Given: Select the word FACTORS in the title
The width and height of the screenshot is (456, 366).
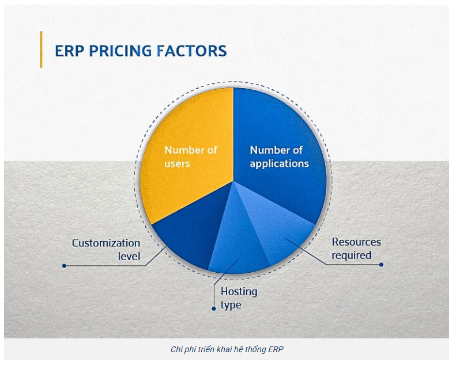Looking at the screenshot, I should [192, 51].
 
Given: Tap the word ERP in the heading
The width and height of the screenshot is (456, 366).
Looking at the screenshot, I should [67, 51].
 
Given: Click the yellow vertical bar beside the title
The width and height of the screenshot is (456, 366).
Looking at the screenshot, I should [42, 49].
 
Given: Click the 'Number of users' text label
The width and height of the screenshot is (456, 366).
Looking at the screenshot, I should [191, 157].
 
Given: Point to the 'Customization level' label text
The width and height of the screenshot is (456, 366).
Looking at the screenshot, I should [106, 249].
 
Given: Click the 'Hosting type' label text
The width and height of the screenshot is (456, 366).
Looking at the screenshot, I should [239, 298].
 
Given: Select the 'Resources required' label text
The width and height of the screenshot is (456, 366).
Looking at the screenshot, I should [356, 248].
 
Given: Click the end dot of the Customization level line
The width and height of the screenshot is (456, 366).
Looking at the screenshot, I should [64, 266].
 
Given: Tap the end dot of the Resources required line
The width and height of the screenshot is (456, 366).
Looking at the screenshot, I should [381, 265].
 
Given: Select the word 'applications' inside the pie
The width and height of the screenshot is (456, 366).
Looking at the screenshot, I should [279, 163].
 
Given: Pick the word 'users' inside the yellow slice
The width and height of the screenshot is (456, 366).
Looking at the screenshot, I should [177, 163].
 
